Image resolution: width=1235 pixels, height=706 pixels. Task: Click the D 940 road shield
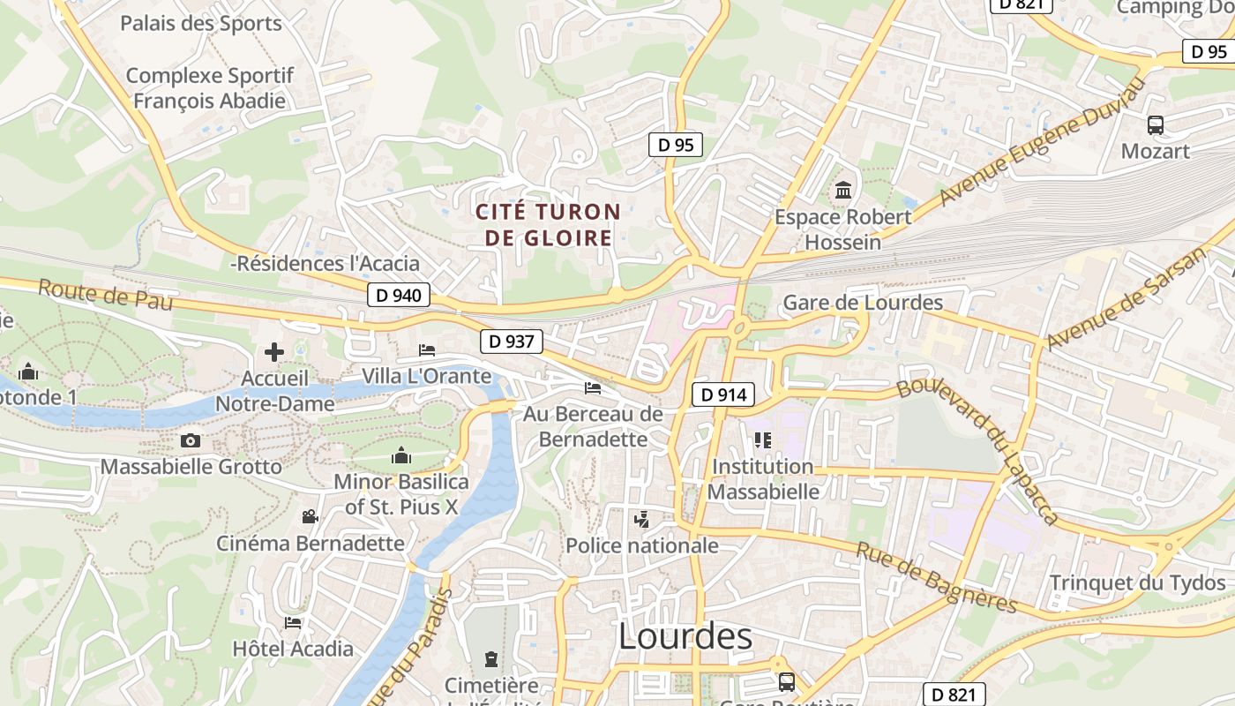pos(399,295)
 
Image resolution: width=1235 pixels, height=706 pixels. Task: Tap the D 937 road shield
pos(512,341)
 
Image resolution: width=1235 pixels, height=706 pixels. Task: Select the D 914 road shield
pos(723,394)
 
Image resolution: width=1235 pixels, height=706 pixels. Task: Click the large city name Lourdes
pos(685,636)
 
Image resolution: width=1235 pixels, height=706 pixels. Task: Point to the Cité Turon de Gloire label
pos(548,225)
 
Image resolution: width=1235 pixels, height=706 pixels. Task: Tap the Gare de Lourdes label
pos(863,303)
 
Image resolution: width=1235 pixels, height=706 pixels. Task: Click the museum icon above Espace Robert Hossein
pos(843,190)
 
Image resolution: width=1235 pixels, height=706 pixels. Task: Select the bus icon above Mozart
pos(1156,125)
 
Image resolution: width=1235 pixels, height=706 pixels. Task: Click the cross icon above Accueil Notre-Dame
pos(274,352)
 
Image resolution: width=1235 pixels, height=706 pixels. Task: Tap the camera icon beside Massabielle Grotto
pos(190,440)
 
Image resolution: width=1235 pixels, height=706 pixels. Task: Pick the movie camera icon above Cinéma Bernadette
pos(310,516)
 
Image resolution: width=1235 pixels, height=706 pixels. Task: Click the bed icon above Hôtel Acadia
pos(293,623)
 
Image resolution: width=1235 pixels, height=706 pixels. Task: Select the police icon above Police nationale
pos(642,520)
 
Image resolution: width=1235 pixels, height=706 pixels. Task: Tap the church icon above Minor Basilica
pos(401,455)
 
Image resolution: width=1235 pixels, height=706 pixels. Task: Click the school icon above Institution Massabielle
pos(763,439)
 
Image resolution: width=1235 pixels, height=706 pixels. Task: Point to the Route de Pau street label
pos(104,295)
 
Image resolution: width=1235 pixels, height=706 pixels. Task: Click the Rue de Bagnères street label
pos(937,578)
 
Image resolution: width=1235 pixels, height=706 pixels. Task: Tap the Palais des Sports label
pos(201,23)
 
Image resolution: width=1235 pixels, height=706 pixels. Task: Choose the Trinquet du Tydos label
pos(1137,583)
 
